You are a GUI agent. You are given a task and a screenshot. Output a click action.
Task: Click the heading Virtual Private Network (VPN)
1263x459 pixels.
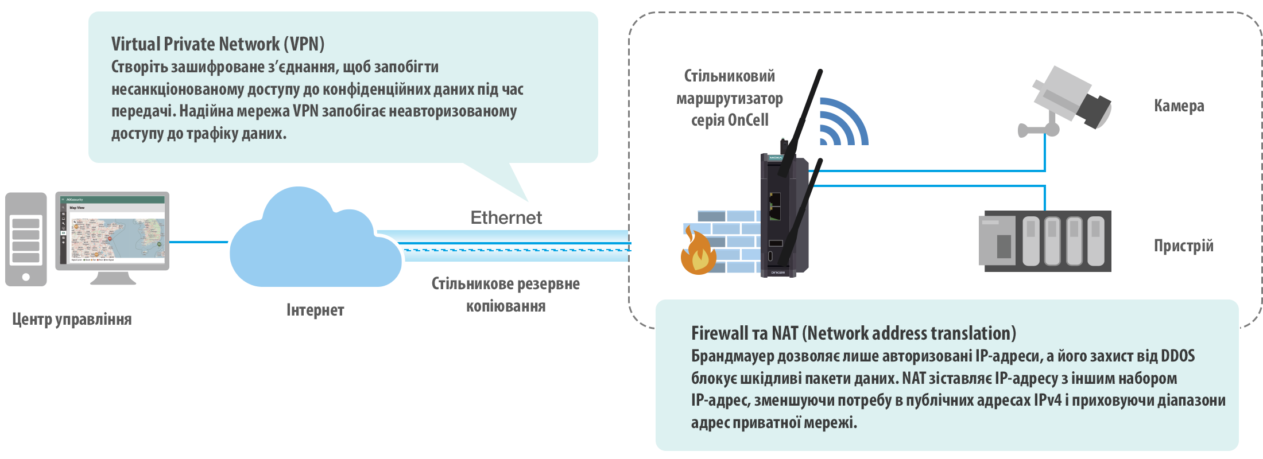pos(218,44)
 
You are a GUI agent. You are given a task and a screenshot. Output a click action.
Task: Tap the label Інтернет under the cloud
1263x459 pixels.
pos(315,310)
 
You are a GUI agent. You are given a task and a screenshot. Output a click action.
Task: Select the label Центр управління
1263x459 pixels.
pos(72,319)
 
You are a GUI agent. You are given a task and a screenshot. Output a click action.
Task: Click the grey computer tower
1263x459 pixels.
pos(26,239)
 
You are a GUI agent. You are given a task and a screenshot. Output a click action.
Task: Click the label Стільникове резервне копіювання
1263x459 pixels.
pos(505,294)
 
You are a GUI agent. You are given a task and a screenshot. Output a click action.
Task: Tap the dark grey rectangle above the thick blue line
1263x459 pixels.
pos(506,217)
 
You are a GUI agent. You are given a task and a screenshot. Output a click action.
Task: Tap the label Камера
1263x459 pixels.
pos(1179,106)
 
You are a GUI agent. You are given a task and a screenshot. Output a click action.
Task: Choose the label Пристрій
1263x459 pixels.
pos(1183,246)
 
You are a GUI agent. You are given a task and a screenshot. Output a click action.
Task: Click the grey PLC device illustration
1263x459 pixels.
pos(1044,241)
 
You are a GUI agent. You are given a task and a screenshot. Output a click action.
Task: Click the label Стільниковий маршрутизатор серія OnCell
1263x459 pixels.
pos(729,98)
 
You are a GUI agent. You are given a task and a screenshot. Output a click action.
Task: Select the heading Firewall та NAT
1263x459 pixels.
pos(853,333)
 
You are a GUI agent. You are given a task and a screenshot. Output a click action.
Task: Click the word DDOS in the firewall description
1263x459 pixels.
pos(1177,356)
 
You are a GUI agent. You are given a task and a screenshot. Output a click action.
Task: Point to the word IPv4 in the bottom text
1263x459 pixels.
pos(1048,400)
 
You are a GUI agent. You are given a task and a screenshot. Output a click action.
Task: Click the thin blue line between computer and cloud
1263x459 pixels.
pos(199,242)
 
